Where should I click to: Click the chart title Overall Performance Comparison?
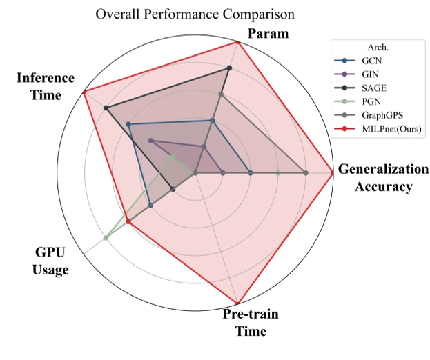coord(196,13)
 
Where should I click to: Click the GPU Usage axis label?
coord(50,261)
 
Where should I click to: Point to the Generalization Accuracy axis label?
coord(384,178)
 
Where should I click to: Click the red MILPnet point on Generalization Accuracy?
coord(333,172)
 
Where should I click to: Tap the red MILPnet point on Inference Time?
coord(84,92)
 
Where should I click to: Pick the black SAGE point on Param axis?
coord(229,68)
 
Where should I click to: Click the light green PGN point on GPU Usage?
coord(106,238)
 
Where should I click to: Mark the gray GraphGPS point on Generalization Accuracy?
coord(305,172)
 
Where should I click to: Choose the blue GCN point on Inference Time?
coord(128,124)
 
